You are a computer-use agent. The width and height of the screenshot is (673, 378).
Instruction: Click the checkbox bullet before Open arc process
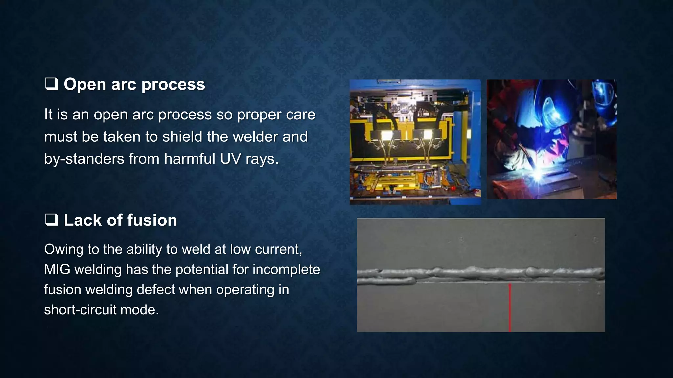coord(51,84)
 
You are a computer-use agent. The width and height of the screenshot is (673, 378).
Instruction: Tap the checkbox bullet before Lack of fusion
coord(51,220)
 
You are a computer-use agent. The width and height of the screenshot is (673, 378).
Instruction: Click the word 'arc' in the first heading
coord(123,85)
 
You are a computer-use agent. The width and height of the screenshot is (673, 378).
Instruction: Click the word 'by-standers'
coord(84,159)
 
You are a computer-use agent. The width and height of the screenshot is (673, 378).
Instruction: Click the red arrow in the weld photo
coord(510,307)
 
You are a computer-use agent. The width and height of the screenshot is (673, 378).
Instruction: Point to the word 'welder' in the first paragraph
coord(255,136)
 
